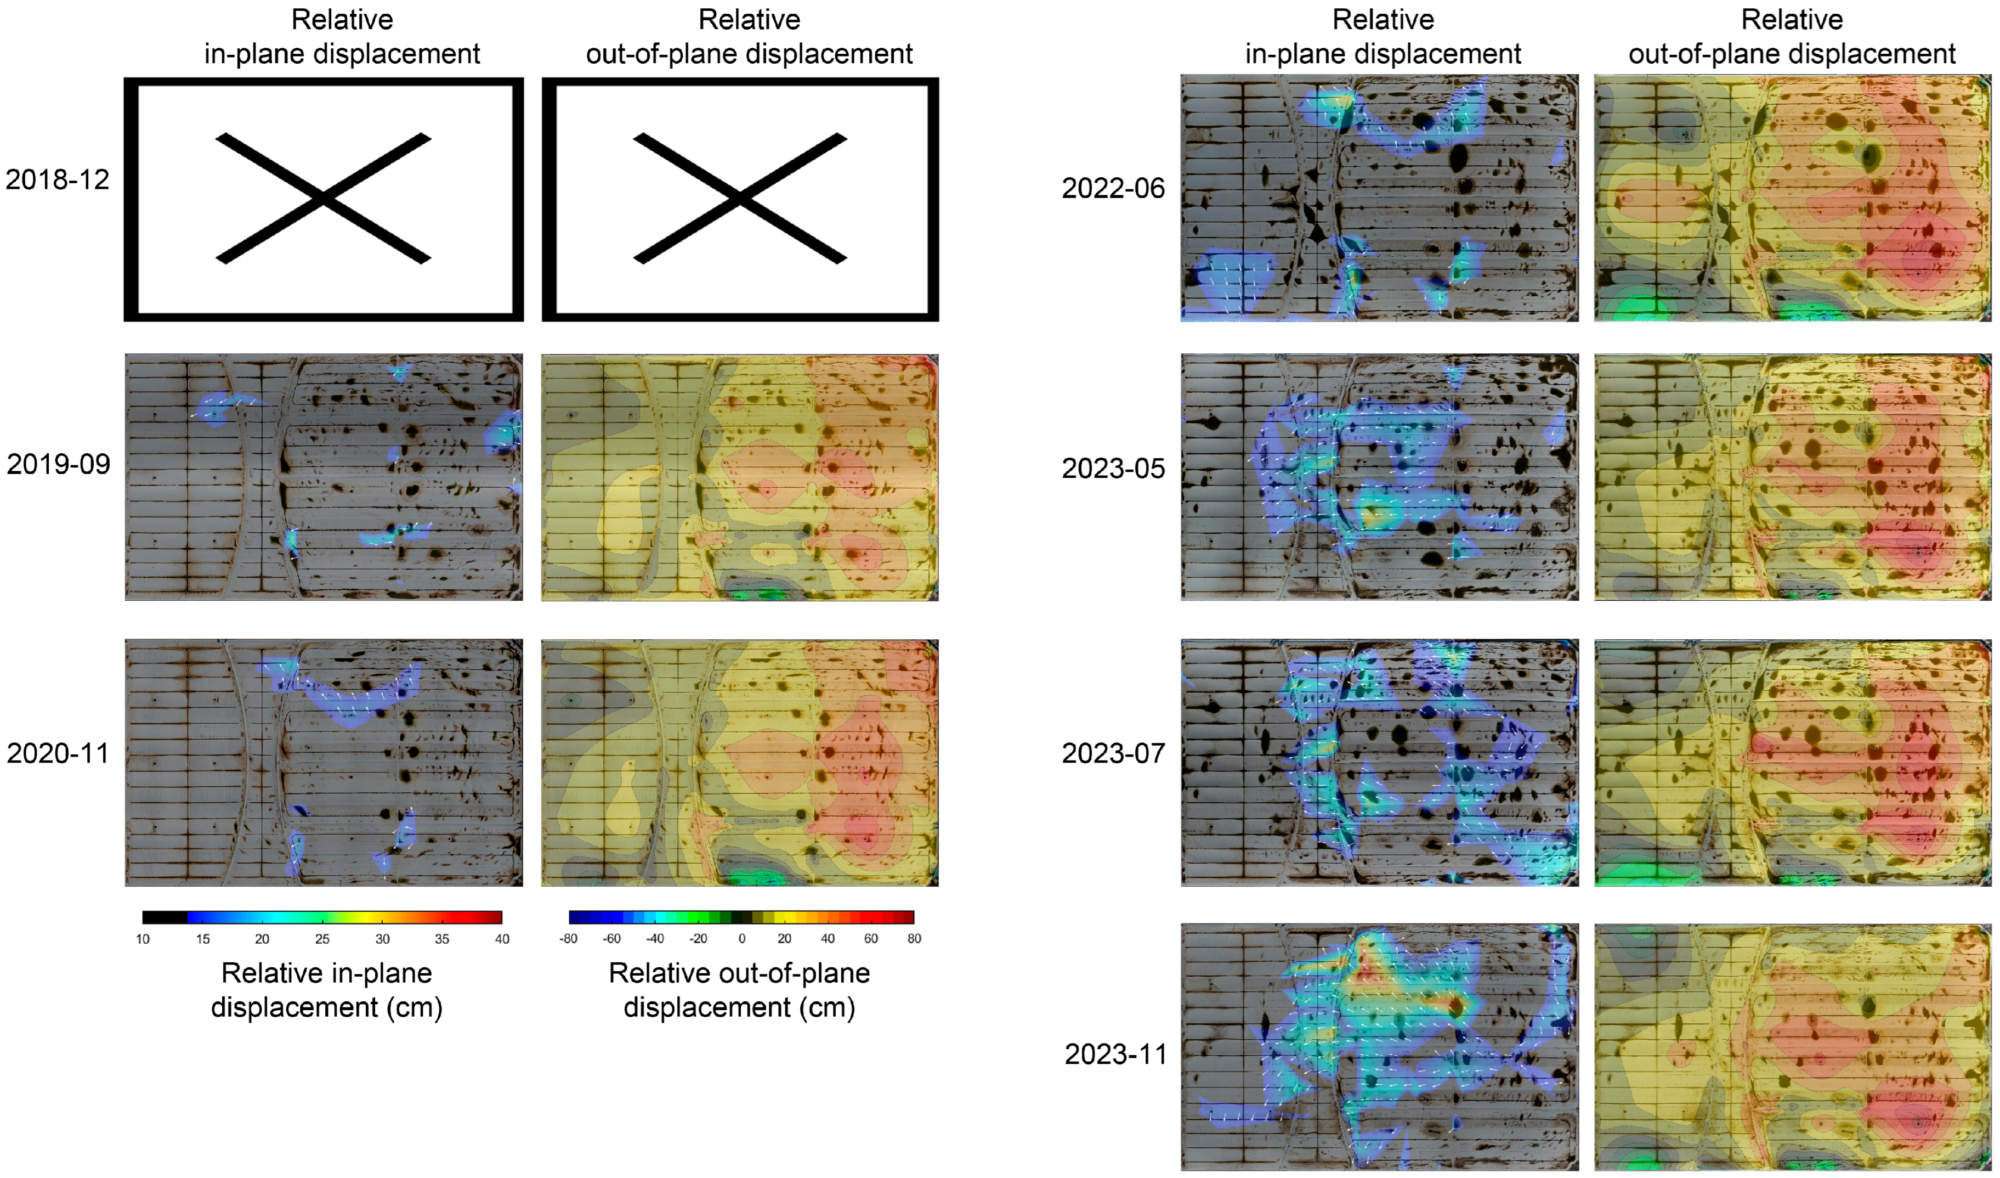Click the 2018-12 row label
point(57,180)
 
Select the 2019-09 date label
point(58,464)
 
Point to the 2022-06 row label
point(1113,189)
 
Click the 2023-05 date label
point(1113,469)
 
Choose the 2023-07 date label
point(1113,753)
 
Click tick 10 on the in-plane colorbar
point(143,939)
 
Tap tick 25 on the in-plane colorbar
point(322,939)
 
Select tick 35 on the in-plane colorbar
point(442,939)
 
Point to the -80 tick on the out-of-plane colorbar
point(568,939)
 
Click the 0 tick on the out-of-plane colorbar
point(742,939)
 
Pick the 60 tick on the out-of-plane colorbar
point(871,939)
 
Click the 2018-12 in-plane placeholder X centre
point(323,199)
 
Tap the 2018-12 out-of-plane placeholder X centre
point(740,199)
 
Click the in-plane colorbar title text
point(326,990)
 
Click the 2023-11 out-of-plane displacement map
point(1792,1046)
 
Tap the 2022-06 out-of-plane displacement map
point(1792,199)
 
